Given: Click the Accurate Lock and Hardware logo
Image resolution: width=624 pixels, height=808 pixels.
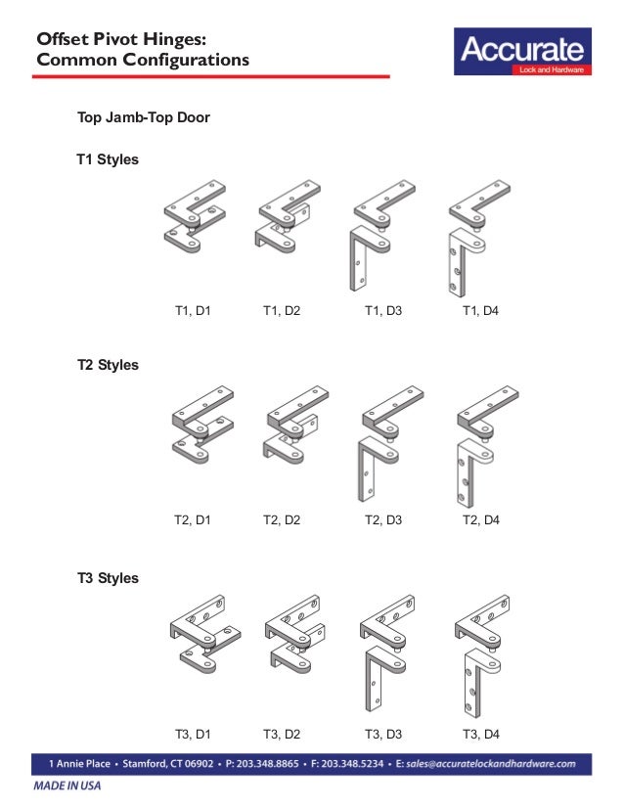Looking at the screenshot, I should [x=521, y=53].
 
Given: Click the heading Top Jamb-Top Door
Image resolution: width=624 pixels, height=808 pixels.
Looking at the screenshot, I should [x=144, y=118].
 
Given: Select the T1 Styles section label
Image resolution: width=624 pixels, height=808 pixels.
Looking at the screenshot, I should [x=108, y=158].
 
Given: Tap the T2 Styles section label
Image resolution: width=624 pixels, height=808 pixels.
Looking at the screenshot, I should [x=108, y=365].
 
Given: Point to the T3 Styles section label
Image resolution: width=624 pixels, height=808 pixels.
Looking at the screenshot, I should [x=108, y=578].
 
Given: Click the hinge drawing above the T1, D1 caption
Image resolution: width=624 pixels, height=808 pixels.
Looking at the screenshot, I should [x=196, y=218].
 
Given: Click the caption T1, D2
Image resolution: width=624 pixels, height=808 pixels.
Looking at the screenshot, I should [x=282, y=312].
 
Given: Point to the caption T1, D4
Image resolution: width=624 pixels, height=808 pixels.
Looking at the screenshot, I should [x=481, y=312].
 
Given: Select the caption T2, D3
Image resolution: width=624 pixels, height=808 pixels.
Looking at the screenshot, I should [x=383, y=520].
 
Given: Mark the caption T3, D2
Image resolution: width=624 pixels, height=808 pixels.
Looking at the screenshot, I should [x=282, y=734].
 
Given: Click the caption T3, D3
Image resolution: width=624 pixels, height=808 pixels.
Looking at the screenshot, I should [x=383, y=734].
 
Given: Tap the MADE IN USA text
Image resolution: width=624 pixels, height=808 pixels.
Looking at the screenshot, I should [x=67, y=786].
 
